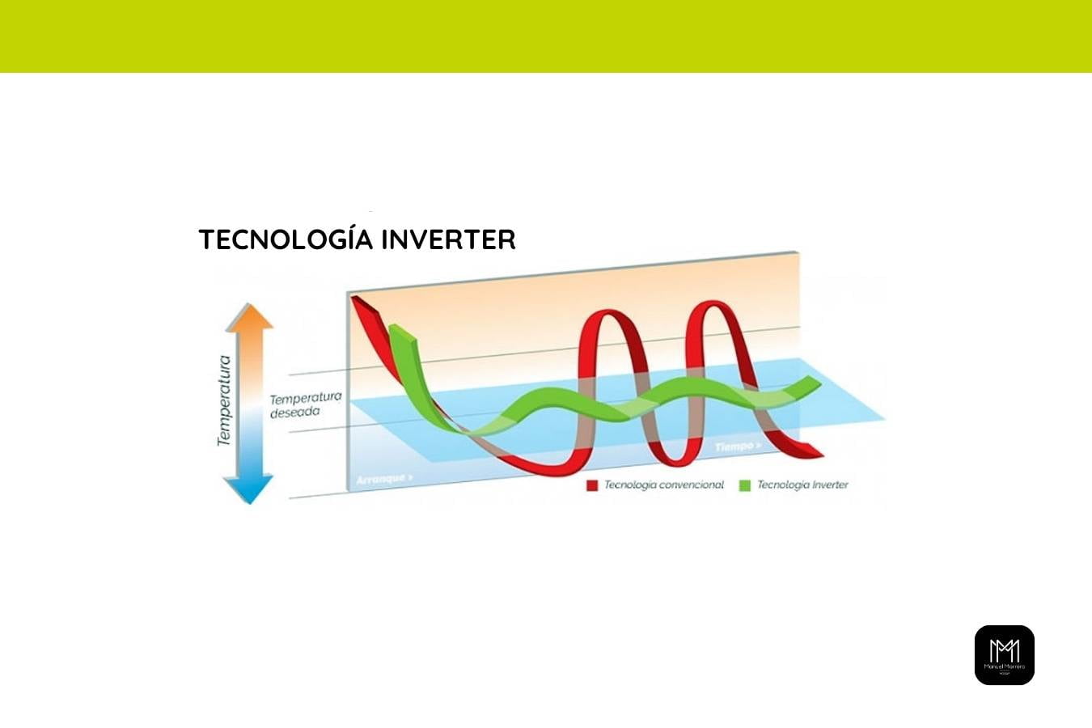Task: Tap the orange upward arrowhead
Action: point(249,316)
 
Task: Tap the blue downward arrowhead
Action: point(249,490)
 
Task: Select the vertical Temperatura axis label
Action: point(224,401)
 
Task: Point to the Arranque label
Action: point(384,479)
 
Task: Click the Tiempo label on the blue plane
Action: point(738,447)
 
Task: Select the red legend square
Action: point(592,485)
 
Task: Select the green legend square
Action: point(744,485)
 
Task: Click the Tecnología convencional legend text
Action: point(664,485)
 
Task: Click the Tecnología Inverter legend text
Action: point(802,485)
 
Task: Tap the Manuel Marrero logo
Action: point(1004,655)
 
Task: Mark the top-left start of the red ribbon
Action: point(356,300)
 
